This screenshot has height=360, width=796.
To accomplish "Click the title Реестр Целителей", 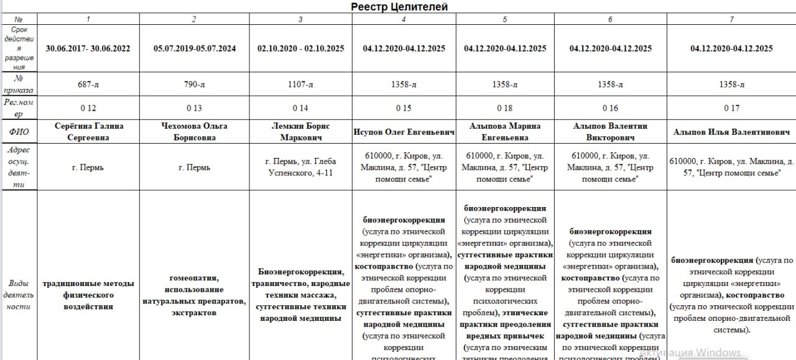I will pyautogui.click(x=399, y=7).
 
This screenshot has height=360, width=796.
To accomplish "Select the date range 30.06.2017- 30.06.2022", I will pyautogui.click(x=88, y=48).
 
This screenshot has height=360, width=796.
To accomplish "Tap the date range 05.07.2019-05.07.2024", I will pyautogui.click(x=195, y=48).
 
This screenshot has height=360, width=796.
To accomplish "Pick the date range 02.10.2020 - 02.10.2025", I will pyautogui.click(x=300, y=48).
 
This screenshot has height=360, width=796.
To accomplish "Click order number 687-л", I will pyautogui.click(x=88, y=85).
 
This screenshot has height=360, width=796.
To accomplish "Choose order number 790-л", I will pyautogui.click(x=195, y=85).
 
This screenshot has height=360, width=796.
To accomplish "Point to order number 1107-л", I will pyautogui.click(x=300, y=85).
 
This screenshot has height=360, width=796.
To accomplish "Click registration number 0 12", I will pyautogui.click(x=88, y=108).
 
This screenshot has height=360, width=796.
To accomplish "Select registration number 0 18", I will pyautogui.click(x=505, y=108).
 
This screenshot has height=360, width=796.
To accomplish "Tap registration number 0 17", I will pyautogui.click(x=731, y=108).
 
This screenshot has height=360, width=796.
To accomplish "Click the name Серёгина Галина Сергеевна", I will pyautogui.click(x=88, y=132).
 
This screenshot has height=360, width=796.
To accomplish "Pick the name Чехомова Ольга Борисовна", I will pyautogui.click(x=195, y=132).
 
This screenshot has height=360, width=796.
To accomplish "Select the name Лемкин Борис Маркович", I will pyautogui.click(x=300, y=132).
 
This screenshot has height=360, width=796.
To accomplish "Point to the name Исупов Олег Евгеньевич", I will pyautogui.click(x=404, y=132).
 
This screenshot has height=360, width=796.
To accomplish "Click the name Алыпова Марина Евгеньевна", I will pyautogui.click(x=505, y=132).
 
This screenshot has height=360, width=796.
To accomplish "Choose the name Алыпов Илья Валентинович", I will pyautogui.click(x=731, y=132).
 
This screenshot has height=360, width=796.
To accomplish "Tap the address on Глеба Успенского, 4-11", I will pyautogui.click(x=300, y=167).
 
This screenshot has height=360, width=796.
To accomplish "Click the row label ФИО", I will pyautogui.click(x=19, y=132).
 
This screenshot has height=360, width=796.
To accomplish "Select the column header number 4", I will pyautogui.click(x=404, y=19).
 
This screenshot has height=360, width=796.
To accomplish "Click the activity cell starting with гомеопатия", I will pyautogui.click(x=195, y=295).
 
